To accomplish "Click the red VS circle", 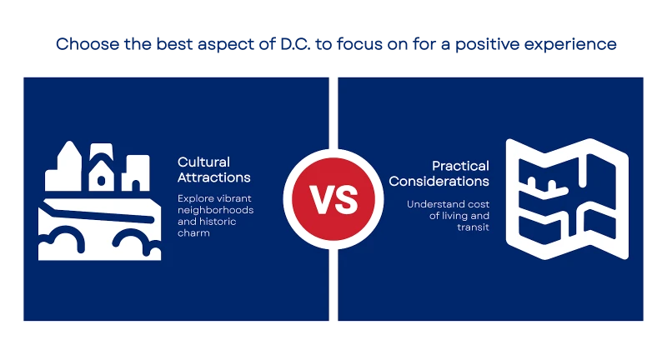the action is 333,199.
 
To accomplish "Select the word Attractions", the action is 214,177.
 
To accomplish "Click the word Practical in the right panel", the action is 461,166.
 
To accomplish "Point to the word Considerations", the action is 439,181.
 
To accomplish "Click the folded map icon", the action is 567,199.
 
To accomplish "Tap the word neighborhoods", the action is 216,210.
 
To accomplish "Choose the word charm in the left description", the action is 193,232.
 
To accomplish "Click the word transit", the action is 473,227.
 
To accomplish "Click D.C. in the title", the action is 295,44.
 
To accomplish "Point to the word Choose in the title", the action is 88,44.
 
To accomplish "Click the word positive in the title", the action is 487,45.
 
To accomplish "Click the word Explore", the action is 193,199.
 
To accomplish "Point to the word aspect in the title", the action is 225,45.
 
